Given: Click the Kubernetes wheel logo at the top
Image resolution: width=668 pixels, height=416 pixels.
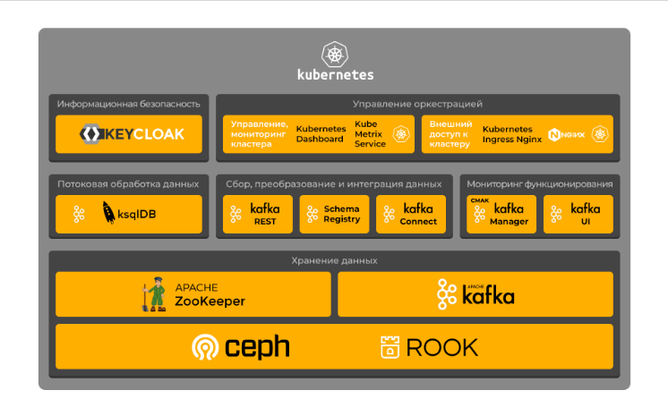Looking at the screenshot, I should point(335,55).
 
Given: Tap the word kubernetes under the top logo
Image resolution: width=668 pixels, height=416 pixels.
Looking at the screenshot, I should point(335,75).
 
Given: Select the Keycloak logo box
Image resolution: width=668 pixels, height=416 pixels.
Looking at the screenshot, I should point(129,134).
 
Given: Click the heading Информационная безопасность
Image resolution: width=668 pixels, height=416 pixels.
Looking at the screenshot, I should point(129,104).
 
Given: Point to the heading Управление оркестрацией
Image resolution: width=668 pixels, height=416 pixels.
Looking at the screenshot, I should point(418,104).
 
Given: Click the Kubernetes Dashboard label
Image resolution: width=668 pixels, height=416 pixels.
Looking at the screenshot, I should point(320,134).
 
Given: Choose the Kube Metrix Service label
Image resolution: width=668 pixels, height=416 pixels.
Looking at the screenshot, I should point(370,134).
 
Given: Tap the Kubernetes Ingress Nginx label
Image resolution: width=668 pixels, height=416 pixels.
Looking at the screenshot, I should point(511,134).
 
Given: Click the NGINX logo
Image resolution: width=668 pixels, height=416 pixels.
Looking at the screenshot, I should point(566,134).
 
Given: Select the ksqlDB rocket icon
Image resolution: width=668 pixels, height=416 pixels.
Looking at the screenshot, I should point(109,214).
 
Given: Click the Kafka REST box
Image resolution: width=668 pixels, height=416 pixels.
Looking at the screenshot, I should point(258,215).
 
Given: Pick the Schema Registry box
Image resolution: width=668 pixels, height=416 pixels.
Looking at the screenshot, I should point(334,215).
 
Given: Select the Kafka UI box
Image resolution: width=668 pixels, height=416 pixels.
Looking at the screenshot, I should point(578,215).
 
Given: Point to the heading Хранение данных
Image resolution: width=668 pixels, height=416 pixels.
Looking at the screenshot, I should point(334,260).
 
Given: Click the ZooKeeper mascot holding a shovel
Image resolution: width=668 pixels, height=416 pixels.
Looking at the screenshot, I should point(157,294).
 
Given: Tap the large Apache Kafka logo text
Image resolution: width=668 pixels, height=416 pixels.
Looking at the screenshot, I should point(488,295).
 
